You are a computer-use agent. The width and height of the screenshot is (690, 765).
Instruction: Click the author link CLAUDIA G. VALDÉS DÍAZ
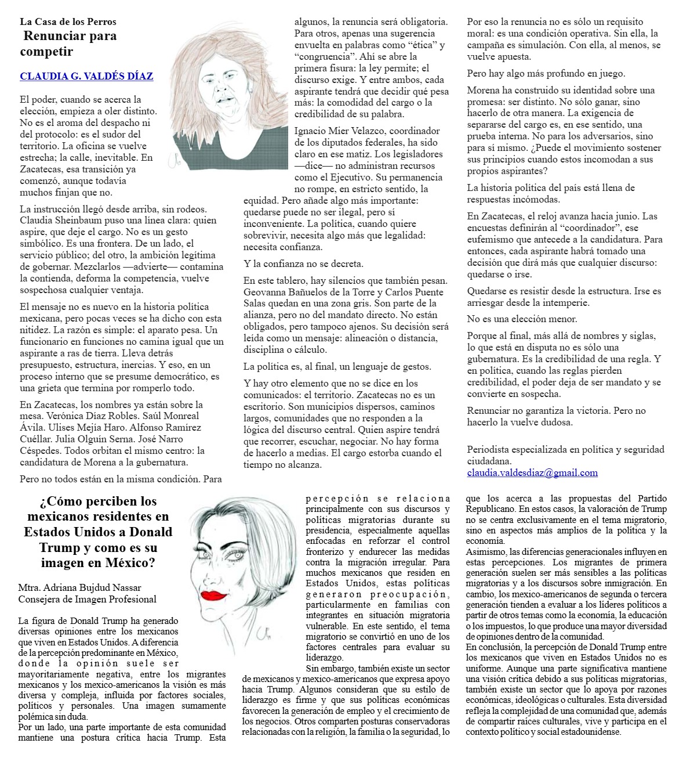tap(86, 76)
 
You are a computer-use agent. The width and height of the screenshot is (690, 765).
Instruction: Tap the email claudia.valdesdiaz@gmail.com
tap(532, 472)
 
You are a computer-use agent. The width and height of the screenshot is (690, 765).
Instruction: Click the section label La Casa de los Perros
tap(68, 21)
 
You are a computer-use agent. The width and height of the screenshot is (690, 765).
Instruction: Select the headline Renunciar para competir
tap(69, 44)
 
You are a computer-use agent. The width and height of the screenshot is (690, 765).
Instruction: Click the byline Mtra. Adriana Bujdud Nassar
tap(79, 588)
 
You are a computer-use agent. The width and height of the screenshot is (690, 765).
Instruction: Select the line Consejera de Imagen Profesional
tap(87, 599)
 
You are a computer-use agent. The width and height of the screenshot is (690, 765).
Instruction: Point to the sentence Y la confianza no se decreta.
tap(303, 264)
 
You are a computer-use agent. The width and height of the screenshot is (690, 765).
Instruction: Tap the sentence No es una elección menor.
tap(522, 319)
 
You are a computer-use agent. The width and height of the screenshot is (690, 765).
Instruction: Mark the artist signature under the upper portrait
tap(174, 161)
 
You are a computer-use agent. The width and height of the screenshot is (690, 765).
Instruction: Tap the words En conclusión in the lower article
tap(493, 647)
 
